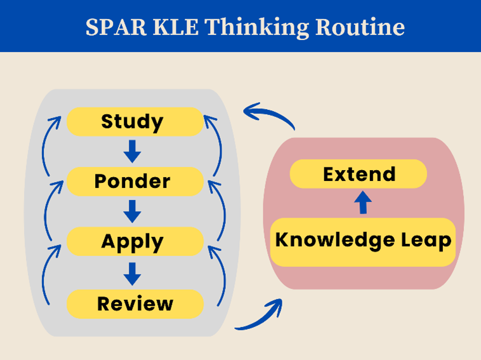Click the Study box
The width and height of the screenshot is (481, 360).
pyautogui.click(x=135, y=121)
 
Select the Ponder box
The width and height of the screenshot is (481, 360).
pyautogui.click(x=135, y=182)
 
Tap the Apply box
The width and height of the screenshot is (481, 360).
pyautogui.click(x=135, y=241)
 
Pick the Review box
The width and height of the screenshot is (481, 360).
pyautogui.click(x=135, y=304)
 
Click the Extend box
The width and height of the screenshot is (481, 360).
pyautogui.click(x=359, y=174)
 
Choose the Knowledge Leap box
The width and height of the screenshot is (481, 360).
pyautogui.click(x=363, y=242)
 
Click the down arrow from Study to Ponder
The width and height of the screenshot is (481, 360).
pyautogui.click(x=132, y=151)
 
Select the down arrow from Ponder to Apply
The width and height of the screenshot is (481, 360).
pyautogui.click(x=132, y=211)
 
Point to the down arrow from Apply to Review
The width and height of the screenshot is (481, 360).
pyautogui.click(x=132, y=274)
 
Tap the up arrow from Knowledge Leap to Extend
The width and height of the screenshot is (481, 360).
pyautogui.click(x=363, y=203)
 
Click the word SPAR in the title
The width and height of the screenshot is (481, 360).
pyautogui.click(x=115, y=27)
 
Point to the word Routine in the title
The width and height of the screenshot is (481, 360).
pyautogui.click(x=360, y=27)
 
